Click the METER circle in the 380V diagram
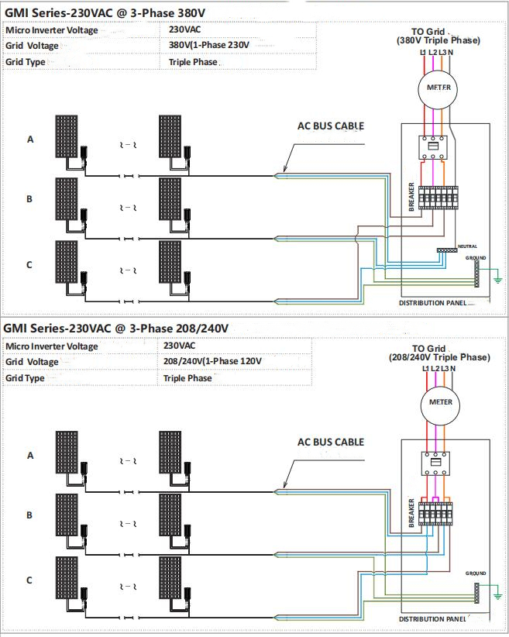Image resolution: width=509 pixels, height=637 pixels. pyautogui.click(x=438, y=88)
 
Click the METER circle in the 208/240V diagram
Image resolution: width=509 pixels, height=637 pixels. pyautogui.click(x=439, y=403)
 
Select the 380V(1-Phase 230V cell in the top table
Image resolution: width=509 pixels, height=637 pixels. pyautogui.click(x=208, y=45)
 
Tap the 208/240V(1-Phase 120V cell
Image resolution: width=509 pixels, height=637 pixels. pyautogui.click(x=212, y=362)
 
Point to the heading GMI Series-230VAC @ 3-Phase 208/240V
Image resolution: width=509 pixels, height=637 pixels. pyautogui.click(x=117, y=328)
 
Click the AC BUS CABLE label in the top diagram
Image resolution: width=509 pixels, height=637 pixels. pyautogui.click(x=331, y=126)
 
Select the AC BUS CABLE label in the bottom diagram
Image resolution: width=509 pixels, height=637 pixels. pyautogui.click(x=331, y=442)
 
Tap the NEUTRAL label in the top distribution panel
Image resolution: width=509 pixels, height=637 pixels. pyautogui.click(x=468, y=246)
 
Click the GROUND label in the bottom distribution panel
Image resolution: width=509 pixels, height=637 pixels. pyautogui.click(x=476, y=573)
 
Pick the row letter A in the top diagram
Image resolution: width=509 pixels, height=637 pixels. pyautogui.click(x=31, y=139)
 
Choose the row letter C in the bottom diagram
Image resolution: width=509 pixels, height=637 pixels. pyautogui.click(x=30, y=580)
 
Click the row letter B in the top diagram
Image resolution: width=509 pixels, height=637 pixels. pyautogui.click(x=30, y=199)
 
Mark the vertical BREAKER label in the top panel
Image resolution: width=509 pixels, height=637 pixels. pyautogui.click(x=411, y=198)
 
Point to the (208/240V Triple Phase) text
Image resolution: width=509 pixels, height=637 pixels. pyautogui.click(x=438, y=357)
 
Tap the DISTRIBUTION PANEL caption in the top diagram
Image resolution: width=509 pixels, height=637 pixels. pyautogui.click(x=433, y=302)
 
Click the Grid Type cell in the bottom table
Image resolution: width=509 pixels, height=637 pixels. pyautogui.click(x=25, y=378)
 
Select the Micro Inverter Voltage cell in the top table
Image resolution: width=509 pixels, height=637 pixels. pyautogui.click(x=52, y=30)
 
